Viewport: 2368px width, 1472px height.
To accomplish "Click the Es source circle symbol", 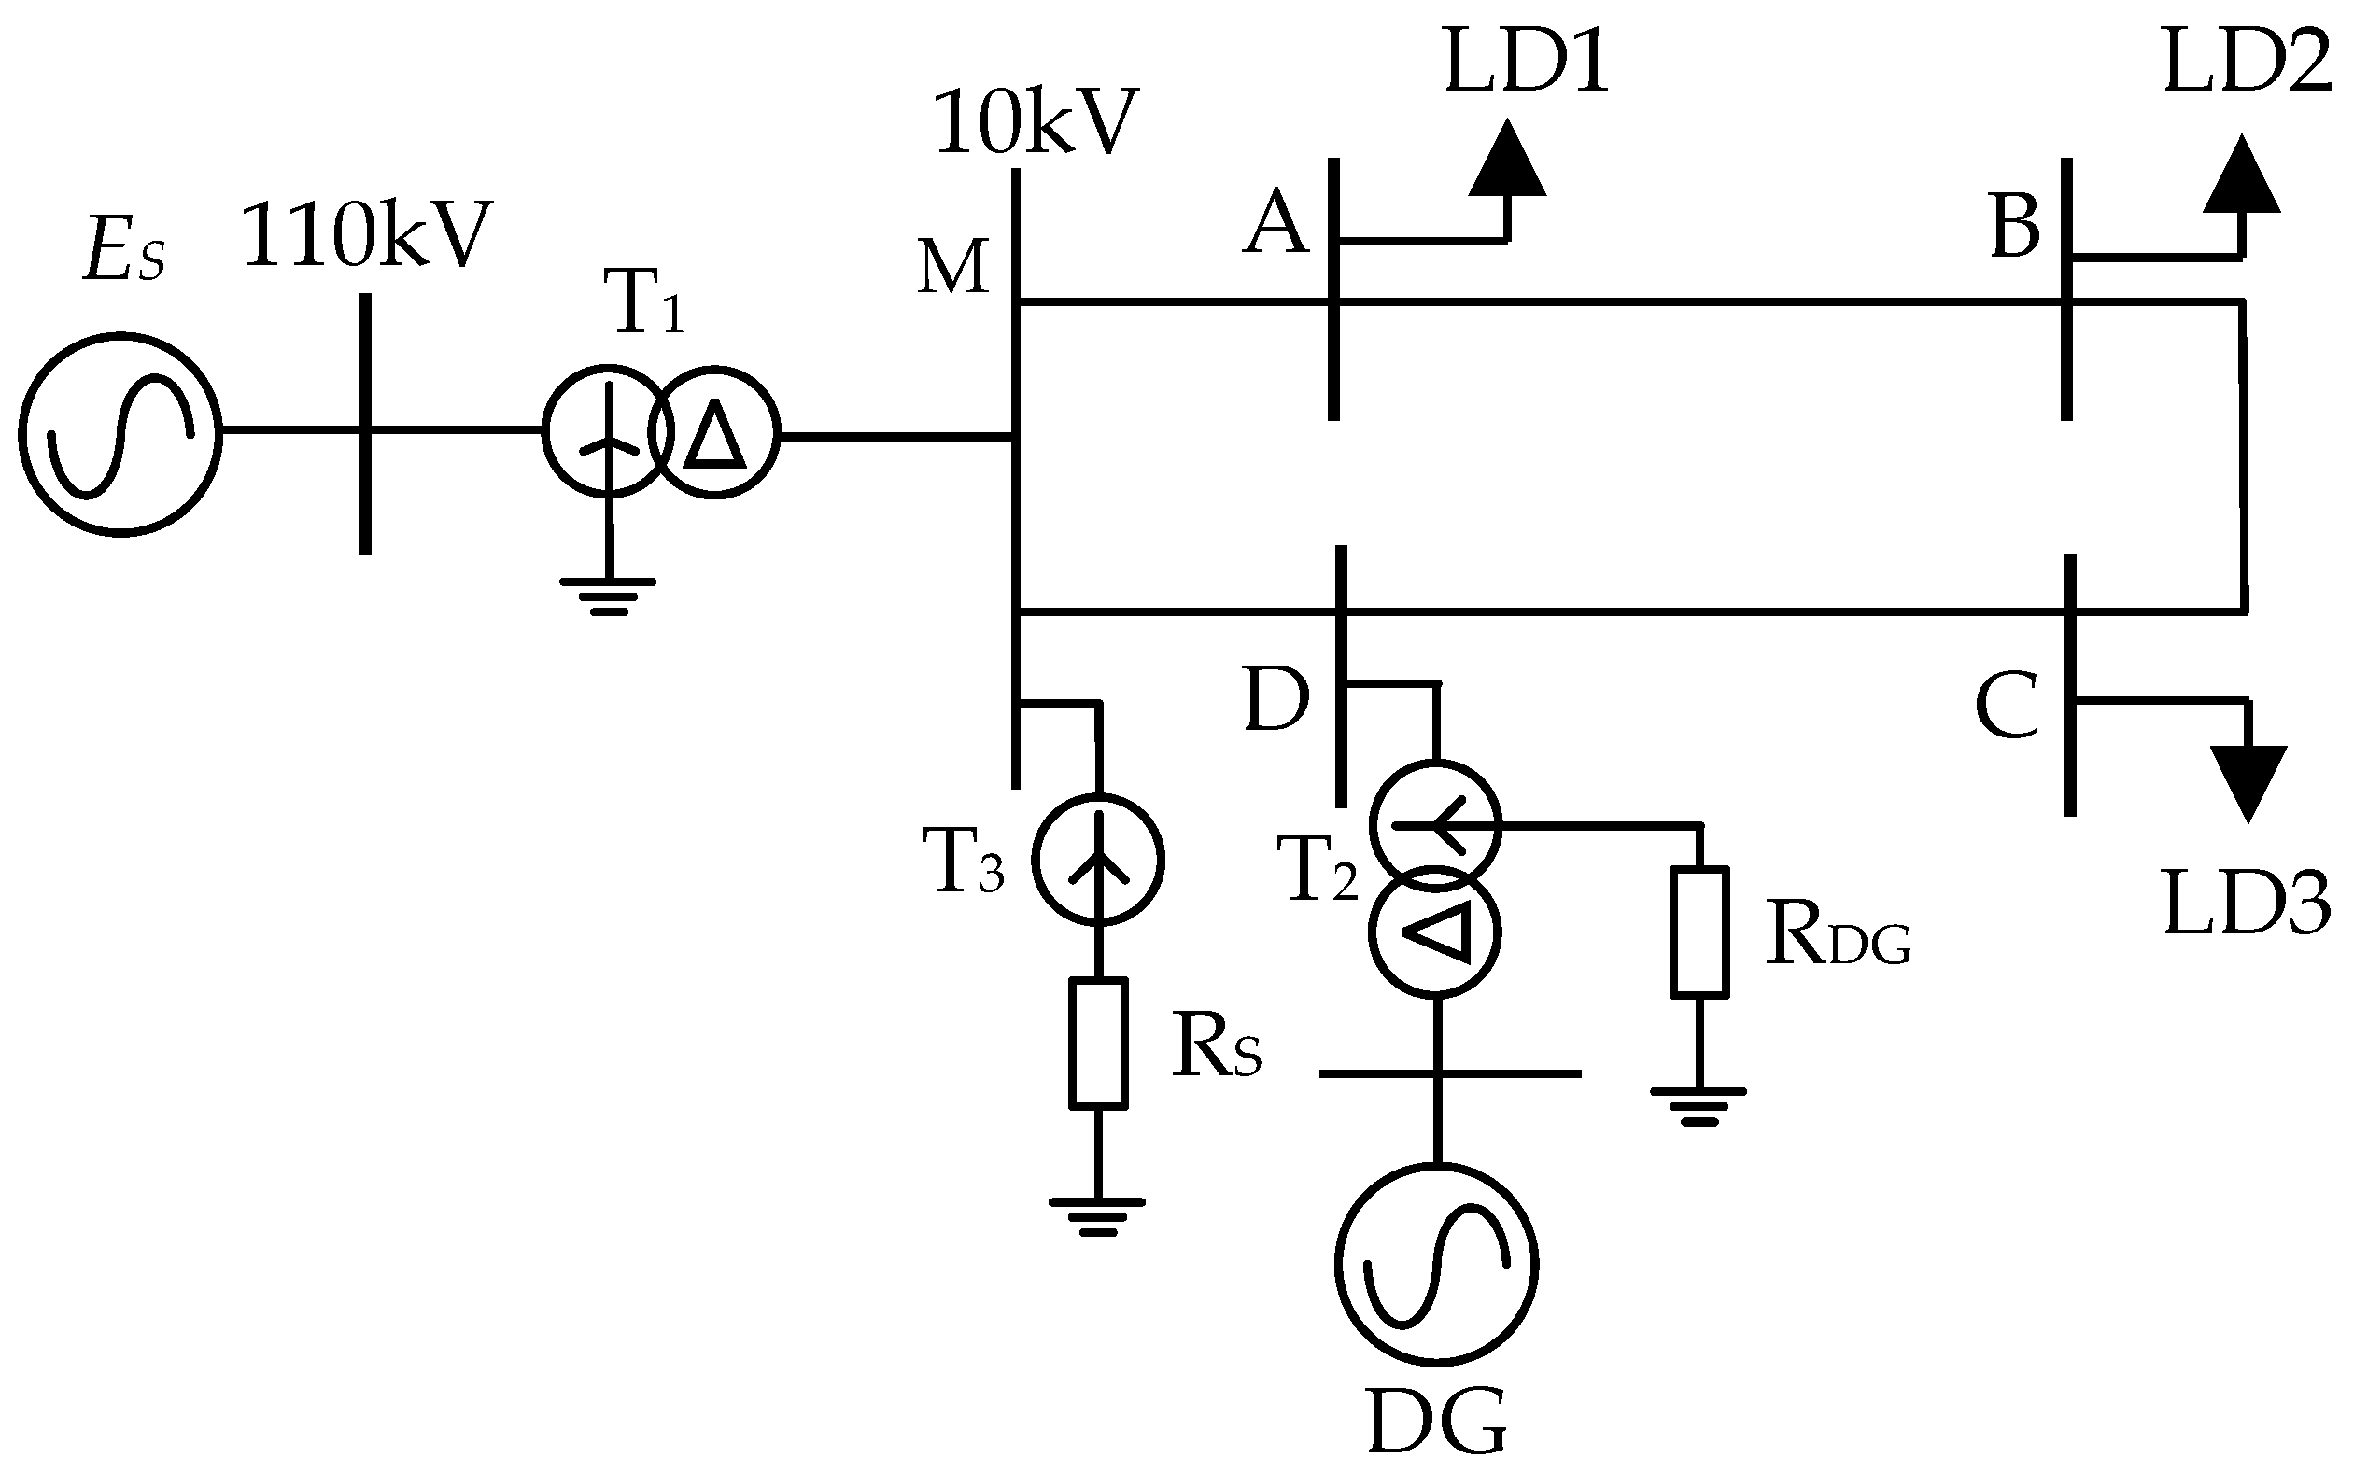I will (120, 434).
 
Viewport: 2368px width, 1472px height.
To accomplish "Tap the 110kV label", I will (367, 236).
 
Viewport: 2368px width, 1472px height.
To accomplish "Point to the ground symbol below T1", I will (608, 596).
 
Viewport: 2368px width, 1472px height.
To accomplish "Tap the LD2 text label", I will (2248, 63).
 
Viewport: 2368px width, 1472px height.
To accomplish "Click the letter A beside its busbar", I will (1276, 224).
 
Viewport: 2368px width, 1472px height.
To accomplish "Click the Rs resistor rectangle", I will (1098, 1043).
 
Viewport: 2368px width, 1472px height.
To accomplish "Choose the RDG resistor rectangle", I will (1700, 932).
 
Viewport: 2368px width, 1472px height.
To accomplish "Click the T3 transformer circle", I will (1097, 859).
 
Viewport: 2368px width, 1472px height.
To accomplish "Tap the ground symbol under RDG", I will (1698, 1105).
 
